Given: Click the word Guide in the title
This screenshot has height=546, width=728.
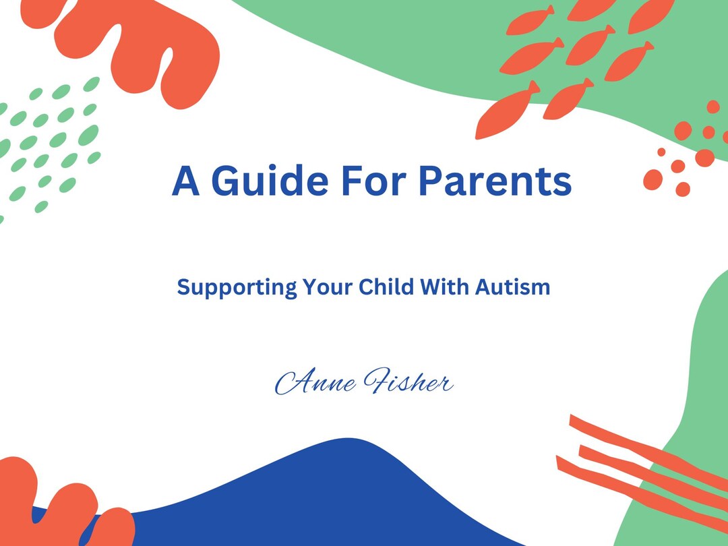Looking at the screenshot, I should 268,181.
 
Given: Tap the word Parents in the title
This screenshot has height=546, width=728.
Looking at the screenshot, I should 495,181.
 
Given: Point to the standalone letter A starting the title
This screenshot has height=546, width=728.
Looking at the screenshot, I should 186,181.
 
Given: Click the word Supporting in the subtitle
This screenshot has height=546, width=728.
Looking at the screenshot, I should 237,288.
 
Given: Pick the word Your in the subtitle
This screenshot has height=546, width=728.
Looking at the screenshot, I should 327,288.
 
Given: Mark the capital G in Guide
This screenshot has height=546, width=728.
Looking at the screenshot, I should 226,181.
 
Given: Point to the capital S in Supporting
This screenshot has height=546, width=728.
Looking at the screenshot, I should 183,288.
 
